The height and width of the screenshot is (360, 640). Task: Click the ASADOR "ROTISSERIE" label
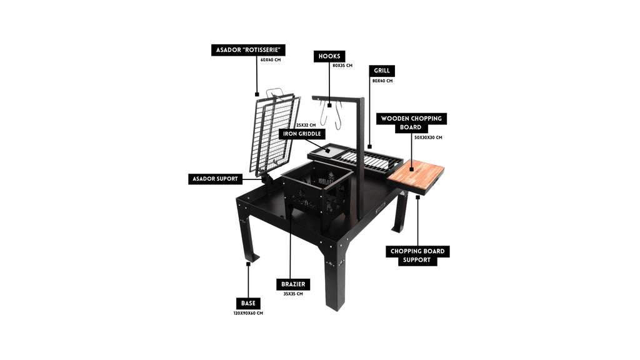click(x=248, y=50)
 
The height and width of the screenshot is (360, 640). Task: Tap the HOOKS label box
click(x=329, y=56)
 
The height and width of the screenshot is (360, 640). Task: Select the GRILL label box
click(x=382, y=71)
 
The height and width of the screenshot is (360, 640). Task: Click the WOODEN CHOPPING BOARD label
click(x=411, y=123)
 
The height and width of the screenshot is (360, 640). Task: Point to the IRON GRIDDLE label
click(x=302, y=134)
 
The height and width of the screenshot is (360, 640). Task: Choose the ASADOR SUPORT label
click(x=215, y=179)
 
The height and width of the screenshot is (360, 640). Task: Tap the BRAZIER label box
click(x=293, y=284)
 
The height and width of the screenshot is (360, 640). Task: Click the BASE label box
click(x=248, y=303)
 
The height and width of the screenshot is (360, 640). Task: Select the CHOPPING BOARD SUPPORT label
click(x=417, y=256)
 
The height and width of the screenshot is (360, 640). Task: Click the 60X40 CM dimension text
click(x=271, y=60)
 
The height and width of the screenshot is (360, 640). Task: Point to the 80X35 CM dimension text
click(x=342, y=66)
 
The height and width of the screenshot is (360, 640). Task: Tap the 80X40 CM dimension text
click(x=382, y=81)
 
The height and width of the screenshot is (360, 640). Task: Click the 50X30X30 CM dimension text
click(x=428, y=137)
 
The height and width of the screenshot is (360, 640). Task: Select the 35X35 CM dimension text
click(x=293, y=294)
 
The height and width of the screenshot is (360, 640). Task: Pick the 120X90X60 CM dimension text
click(x=248, y=314)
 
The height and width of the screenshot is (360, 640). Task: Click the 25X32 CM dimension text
click(x=306, y=125)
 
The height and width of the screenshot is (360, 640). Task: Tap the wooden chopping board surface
click(x=416, y=173)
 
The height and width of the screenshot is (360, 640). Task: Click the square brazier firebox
click(x=317, y=187)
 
